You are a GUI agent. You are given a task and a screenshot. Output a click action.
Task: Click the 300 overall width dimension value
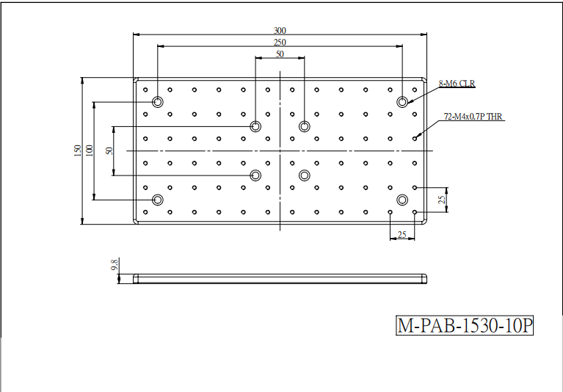[x=280, y=31]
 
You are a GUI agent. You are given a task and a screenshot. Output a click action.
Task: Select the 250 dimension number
[x=280, y=43]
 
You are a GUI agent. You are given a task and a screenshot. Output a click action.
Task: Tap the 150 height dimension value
[x=78, y=150]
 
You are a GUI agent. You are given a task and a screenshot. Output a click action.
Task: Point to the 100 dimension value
[x=90, y=150]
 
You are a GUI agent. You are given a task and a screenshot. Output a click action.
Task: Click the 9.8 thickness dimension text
[x=115, y=265]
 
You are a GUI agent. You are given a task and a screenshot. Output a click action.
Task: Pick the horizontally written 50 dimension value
[x=280, y=54]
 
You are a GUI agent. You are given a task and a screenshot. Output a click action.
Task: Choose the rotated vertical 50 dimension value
[x=109, y=150]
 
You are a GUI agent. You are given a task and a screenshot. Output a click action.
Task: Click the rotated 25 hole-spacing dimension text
[x=442, y=200]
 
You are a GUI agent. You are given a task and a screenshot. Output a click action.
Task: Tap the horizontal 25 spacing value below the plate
[x=402, y=235]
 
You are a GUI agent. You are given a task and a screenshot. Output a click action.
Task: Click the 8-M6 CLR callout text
[x=457, y=84]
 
